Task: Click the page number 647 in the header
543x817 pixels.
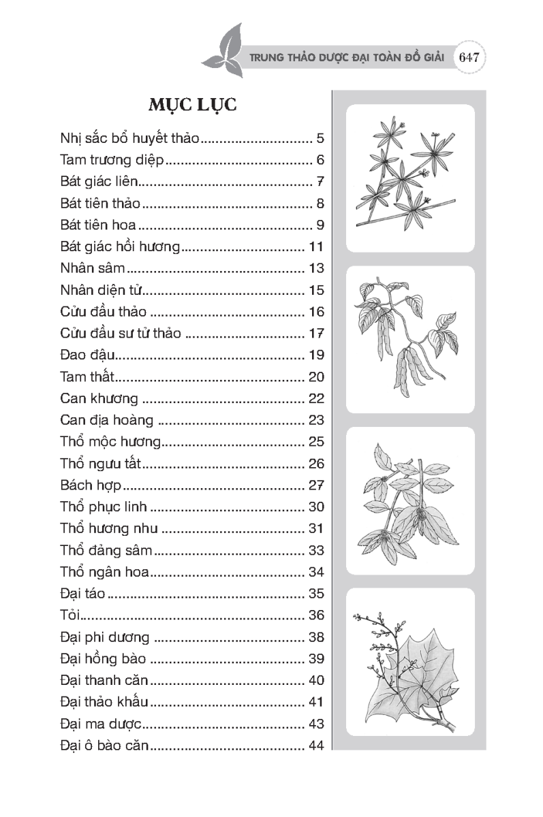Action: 471,57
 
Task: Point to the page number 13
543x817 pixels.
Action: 315,268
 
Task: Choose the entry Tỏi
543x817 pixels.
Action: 70,615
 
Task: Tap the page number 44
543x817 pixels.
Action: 315,746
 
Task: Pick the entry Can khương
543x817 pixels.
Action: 99,398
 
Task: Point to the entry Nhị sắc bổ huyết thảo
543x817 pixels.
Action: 129,140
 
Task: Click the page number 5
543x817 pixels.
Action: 320,140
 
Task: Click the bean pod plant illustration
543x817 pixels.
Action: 409,339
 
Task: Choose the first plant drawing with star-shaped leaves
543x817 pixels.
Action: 409,177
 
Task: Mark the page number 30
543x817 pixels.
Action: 315,507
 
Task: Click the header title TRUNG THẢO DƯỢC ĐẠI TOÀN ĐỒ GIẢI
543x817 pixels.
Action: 347,58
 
